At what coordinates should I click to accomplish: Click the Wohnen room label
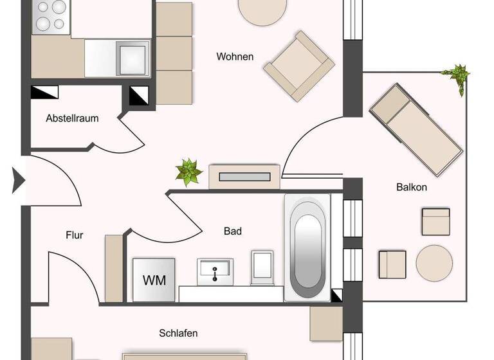pos(235,57)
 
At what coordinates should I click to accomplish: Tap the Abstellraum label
pos(72,118)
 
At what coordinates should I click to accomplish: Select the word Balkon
pos(412,188)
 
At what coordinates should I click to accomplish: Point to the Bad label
pos(233,231)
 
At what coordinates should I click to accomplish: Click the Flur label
pos(75,235)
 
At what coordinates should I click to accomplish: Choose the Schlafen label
pos(178,333)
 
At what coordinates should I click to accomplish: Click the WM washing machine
pos(154,280)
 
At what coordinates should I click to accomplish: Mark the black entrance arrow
pos(19,181)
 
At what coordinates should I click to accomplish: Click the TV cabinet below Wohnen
pos(245,176)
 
